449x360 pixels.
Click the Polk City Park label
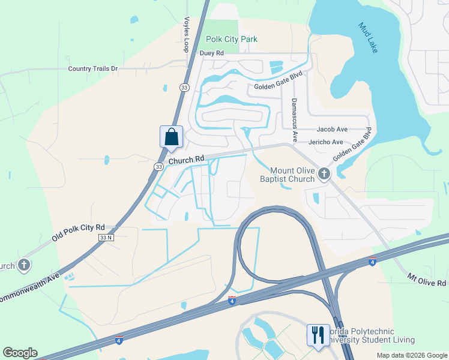point(231,39)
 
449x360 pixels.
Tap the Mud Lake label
point(368,37)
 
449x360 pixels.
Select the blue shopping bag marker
point(172,137)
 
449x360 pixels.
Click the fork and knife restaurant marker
point(318,335)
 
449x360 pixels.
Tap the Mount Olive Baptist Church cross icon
point(324,174)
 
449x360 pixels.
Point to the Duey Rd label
point(211,53)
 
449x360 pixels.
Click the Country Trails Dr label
point(93,68)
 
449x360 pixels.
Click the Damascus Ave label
point(294,120)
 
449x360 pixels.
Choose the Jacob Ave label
point(333,129)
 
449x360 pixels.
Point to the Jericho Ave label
point(326,142)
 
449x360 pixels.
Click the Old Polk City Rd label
point(78,232)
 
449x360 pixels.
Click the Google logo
point(20,353)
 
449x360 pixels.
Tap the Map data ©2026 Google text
point(412,355)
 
